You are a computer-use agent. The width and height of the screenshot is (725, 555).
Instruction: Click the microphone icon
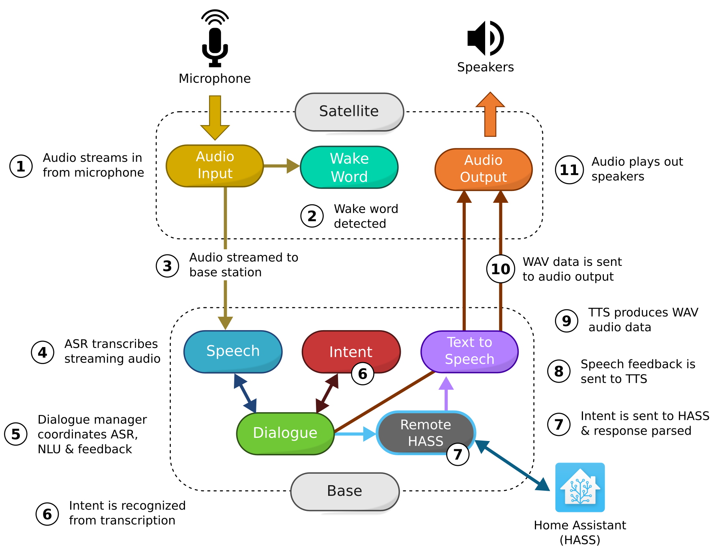point(215,39)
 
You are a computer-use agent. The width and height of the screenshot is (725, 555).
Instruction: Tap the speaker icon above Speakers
point(485,38)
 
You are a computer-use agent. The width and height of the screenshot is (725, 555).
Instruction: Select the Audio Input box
point(215,166)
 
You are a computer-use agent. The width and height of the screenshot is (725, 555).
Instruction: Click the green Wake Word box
point(349,167)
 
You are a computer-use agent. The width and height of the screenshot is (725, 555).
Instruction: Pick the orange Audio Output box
point(483,169)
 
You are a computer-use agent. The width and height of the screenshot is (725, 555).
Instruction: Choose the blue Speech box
point(233,351)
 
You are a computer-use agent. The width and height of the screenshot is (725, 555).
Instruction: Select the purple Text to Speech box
point(469,351)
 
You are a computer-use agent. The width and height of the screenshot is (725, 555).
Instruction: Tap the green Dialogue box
point(285,433)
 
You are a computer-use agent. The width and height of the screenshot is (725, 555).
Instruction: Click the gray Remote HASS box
point(425,432)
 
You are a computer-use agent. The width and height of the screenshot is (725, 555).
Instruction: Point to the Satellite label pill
point(349,112)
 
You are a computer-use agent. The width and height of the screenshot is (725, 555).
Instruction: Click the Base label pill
point(345,491)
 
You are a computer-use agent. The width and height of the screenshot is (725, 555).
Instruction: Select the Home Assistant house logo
point(580,487)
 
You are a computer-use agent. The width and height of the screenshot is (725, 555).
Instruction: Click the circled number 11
point(569,170)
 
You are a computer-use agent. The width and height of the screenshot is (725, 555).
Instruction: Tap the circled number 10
point(500,269)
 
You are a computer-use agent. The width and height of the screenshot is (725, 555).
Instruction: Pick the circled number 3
point(167,266)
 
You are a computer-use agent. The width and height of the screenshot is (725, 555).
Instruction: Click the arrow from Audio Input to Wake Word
point(281,166)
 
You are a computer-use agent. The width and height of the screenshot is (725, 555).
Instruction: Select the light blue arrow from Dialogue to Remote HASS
point(355,434)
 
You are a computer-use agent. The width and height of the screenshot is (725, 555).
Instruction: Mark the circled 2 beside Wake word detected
point(312,216)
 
